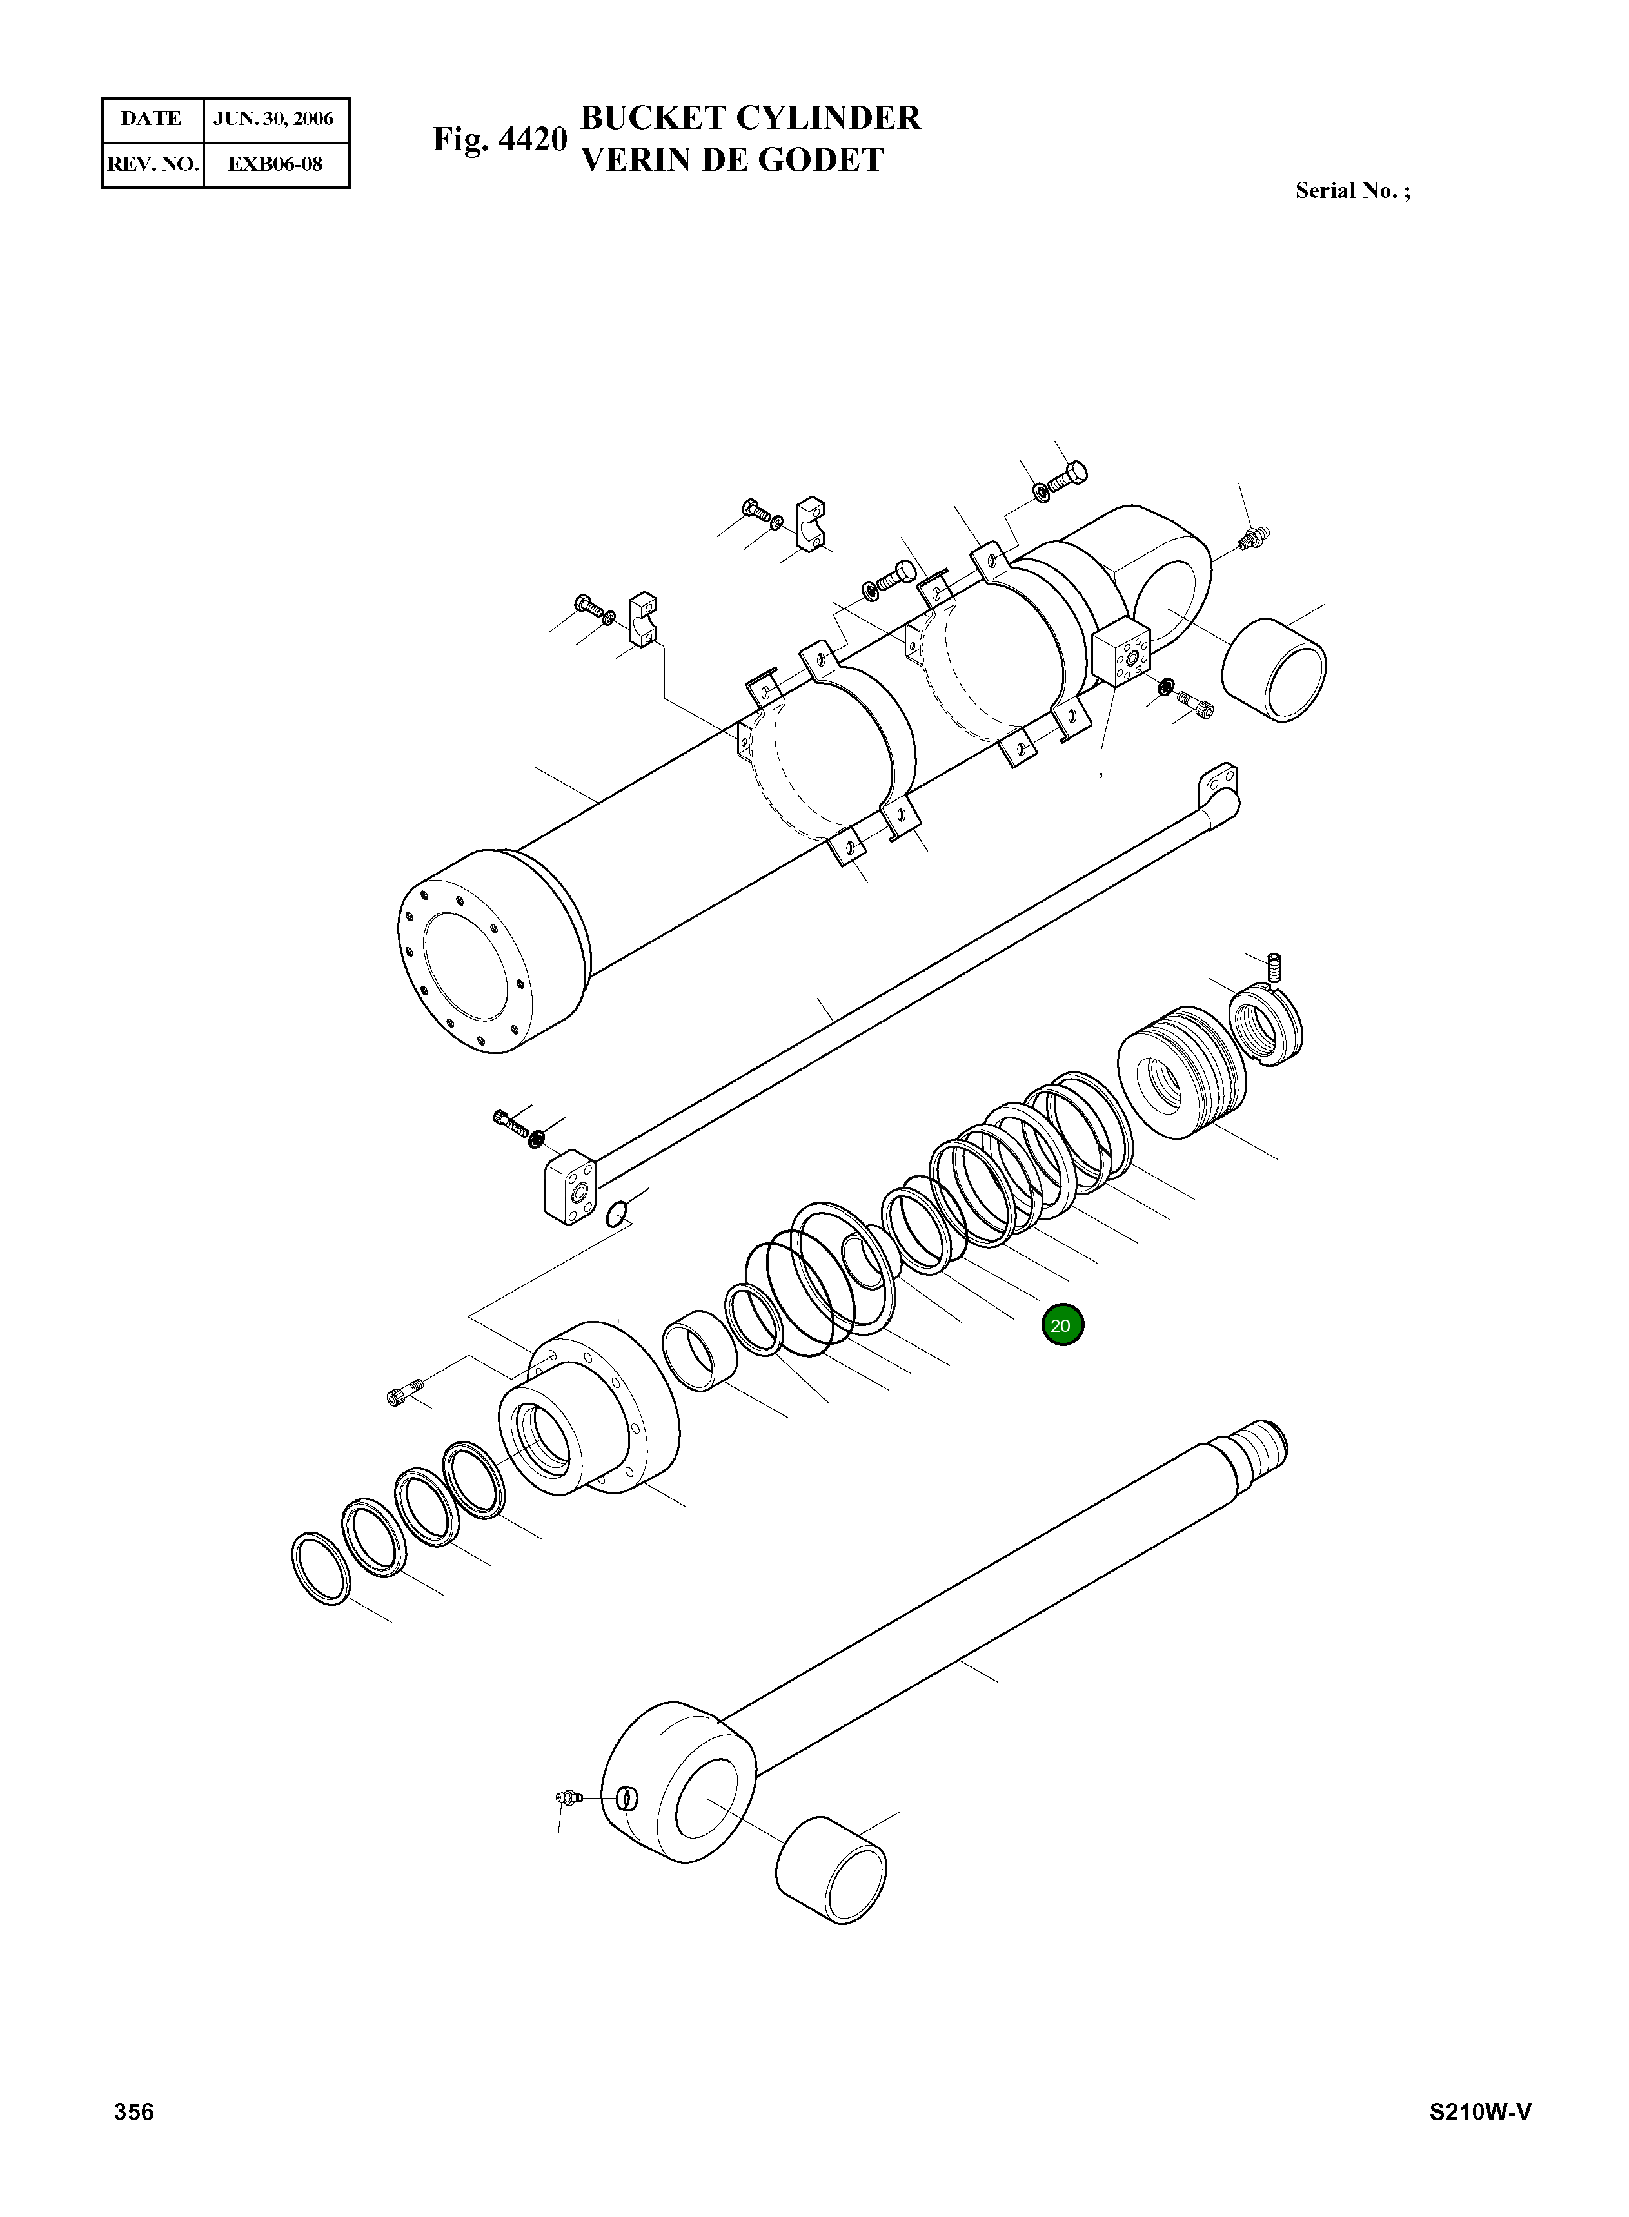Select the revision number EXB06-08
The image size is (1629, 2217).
point(275,164)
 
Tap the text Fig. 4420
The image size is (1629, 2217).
point(500,139)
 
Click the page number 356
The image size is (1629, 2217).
point(134,2139)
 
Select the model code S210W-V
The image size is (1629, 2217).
point(1480,2139)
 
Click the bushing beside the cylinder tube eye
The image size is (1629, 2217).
point(1273,670)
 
